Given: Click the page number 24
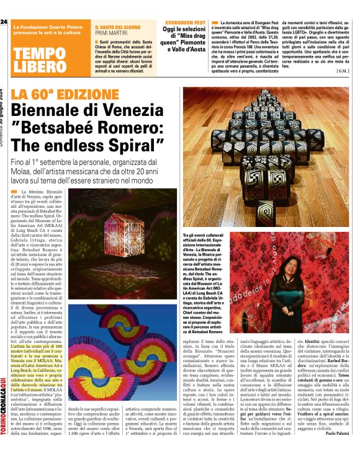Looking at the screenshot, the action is (x=4, y=22).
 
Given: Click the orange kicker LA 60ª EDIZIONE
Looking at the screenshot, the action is (x=61, y=94).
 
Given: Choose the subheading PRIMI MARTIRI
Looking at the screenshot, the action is (x=111, y=35).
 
